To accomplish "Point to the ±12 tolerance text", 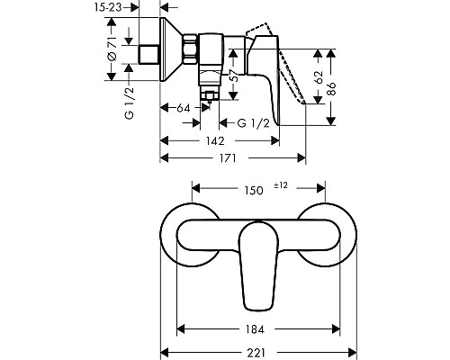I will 281,186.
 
